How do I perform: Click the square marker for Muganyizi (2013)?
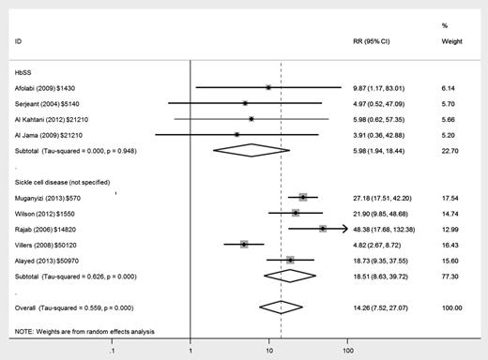pos(303,197)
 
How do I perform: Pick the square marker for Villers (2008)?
pos(244,244)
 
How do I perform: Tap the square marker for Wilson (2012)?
pos(295,213)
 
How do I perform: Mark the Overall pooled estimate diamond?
pos(282,307)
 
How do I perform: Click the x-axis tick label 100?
pos(348,351)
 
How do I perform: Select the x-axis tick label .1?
pos(113,351)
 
